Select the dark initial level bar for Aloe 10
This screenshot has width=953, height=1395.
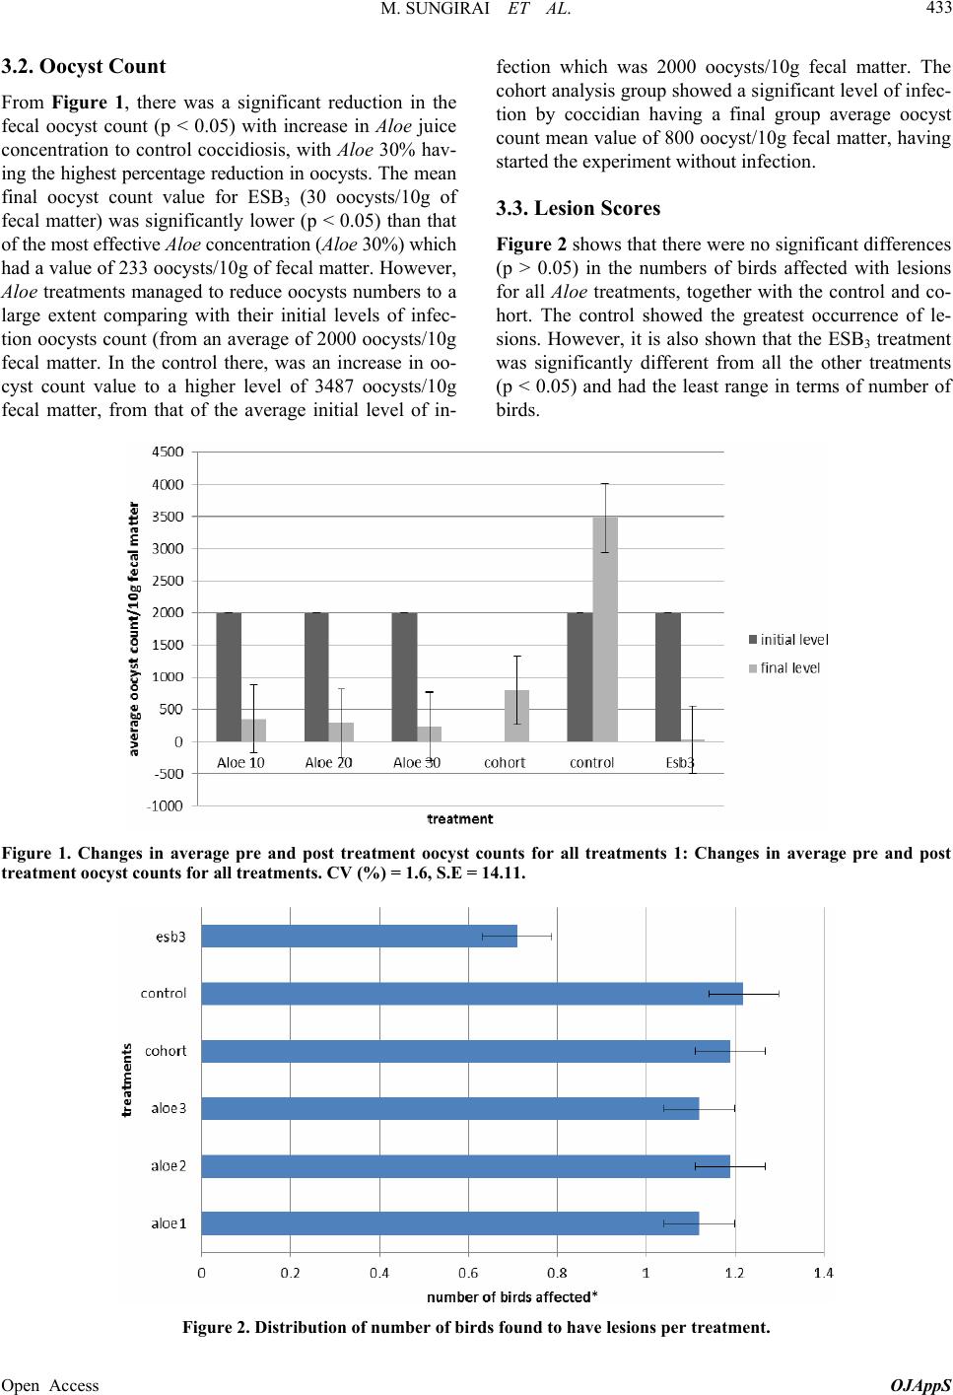tap(229, 676)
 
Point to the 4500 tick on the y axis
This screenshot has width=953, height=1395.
tap(173, 453)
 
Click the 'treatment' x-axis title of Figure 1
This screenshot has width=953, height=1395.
tap(459, 818)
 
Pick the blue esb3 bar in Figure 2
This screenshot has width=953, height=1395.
tap(360, 935)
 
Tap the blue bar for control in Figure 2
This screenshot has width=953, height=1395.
tap(472, 993)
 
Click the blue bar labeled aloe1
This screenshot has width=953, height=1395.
tap(450, 1223)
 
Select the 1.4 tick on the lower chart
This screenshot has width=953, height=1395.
tap(822, 1273)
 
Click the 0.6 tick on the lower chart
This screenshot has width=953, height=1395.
tap(468, 1273)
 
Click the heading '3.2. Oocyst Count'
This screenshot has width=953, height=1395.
tap(84, 68)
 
